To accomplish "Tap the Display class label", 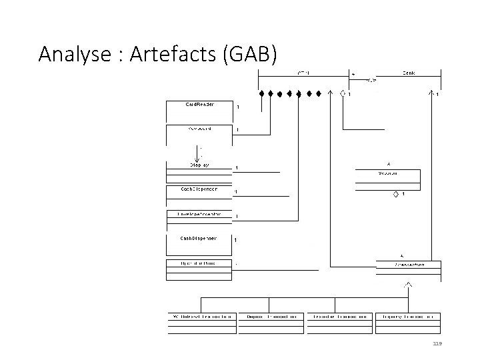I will (x=199, y=164).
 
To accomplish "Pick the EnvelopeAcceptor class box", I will (x=199, y=217).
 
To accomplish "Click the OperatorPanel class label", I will (x=199, y=263).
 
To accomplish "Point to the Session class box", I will (x=388, y=177).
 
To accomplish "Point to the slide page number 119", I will (x=437, y=343).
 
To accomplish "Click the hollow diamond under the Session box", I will (x=395, y=194).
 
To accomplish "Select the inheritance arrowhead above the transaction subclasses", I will (x=407, y=285).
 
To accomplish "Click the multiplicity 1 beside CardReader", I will (x=238, y=107).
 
